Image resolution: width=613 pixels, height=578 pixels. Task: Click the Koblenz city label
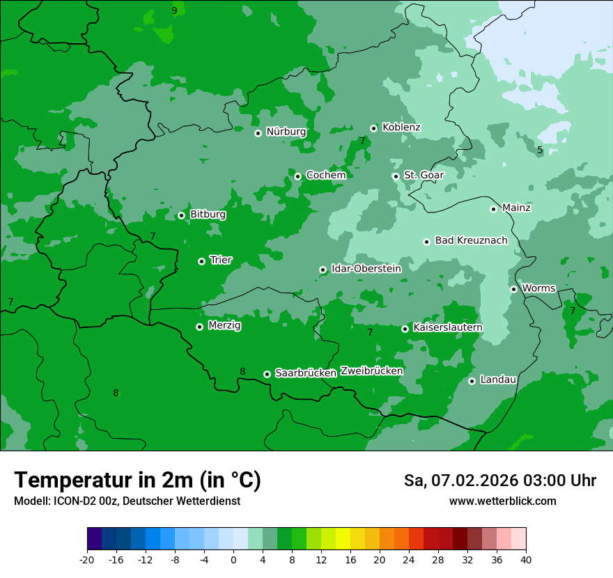401,127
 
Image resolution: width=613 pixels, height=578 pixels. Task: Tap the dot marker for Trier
201,261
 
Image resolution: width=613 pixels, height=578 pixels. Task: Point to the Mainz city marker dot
493,209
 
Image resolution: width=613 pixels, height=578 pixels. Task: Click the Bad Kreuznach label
471,241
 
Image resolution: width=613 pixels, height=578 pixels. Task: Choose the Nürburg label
286,132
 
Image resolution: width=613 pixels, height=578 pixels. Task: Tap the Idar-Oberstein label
366,269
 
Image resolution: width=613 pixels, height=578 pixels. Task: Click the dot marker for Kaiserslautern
405,329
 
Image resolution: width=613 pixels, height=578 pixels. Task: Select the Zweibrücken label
371,371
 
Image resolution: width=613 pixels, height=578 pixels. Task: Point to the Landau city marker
472,381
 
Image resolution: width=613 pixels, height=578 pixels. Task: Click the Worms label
538,288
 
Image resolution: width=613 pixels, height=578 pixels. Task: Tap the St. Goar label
424,175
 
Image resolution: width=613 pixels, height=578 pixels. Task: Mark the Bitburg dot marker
181,215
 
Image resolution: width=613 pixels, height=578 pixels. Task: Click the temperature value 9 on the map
174,10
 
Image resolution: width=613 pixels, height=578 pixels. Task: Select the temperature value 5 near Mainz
540,150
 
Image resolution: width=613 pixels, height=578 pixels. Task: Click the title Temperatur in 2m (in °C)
137,480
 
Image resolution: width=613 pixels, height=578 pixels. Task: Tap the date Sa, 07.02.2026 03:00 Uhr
499,481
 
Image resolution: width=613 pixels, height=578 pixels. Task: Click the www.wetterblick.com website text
502,501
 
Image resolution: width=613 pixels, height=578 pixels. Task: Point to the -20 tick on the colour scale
87,559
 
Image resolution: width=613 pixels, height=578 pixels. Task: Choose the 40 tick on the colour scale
526,559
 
